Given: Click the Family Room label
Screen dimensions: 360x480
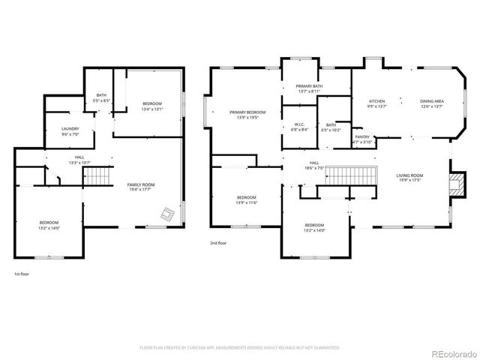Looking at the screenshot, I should click(x=140, y=184).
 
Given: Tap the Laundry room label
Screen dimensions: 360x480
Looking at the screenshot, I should click(x=70, y=129).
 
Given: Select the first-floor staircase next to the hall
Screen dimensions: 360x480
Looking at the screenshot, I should click(x=96, y=178).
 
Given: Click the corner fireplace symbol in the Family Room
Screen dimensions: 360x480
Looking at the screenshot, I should click(x=171, y=215).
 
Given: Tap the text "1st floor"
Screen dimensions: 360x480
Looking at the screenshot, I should click(x=21, y=274).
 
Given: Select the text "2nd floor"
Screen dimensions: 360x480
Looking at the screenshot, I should click(x=217, y=243).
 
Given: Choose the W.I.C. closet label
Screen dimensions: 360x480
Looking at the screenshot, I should click(x=298, y=124).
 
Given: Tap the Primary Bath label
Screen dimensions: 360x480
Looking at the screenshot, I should click(x=309, y=86).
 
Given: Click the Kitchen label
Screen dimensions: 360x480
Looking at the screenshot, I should click(x=376, y=101).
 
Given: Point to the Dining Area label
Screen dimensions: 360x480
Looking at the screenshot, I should click(x=431, y=101).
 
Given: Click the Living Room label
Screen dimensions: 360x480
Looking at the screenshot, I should click(x=410, y=175).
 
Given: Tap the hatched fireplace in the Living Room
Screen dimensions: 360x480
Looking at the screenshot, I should click(x=453, y=184).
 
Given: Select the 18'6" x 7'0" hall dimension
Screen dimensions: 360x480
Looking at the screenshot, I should click(x=315, y=168).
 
